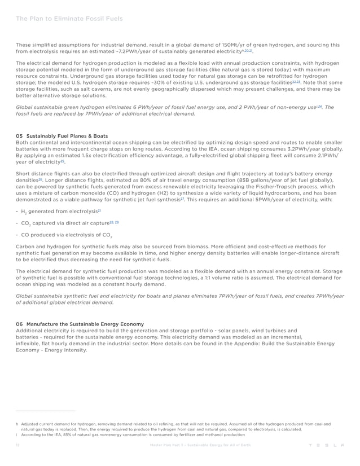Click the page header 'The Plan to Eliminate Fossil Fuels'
pyautogui.click(x=69, y=19)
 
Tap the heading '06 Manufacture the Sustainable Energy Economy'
pyautogui.click(x=80, y=324)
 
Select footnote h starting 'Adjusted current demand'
pyautogui.click(x=169, y=423)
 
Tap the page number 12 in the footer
pyautogui.click(x=18, y=446)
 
